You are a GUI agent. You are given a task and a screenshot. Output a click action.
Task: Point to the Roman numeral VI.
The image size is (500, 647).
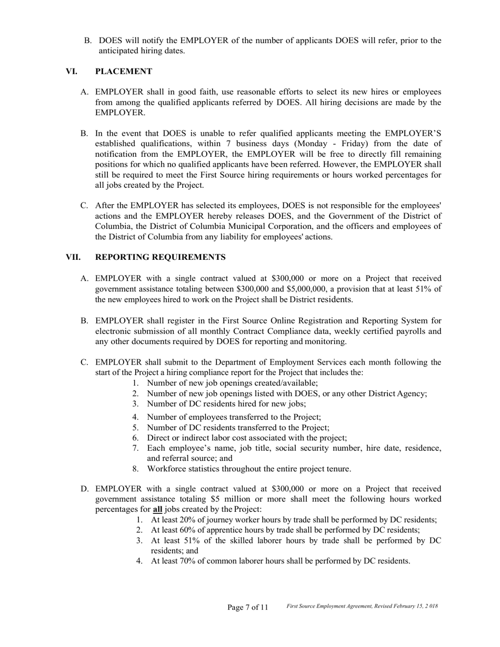click(72, 72)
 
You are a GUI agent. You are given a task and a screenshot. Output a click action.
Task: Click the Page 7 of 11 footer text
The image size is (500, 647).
click(247, 608)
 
